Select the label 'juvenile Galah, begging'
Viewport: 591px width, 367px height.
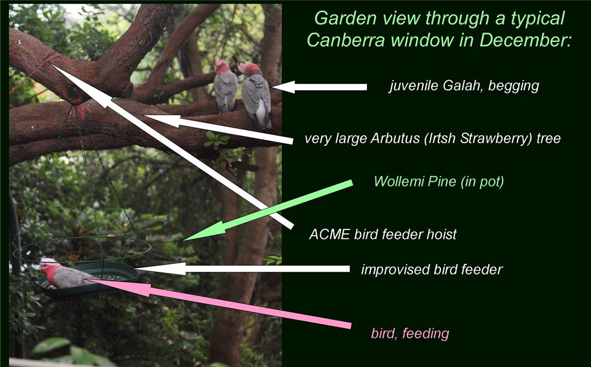coord(464,86)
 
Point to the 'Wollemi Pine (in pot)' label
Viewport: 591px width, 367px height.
coord(439,182)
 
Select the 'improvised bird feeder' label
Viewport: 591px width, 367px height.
coord(432,270)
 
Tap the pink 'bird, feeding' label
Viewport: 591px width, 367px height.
coord(410,334)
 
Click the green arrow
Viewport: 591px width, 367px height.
coord(268,211)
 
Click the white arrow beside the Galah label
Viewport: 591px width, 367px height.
coord(319,87)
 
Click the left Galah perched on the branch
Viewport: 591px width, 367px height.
coord(225,86)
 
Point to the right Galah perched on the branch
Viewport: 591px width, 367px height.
coord(256,95)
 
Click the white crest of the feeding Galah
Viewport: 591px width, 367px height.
coord(48,261)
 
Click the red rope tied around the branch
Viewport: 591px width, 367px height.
coord(38,72)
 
